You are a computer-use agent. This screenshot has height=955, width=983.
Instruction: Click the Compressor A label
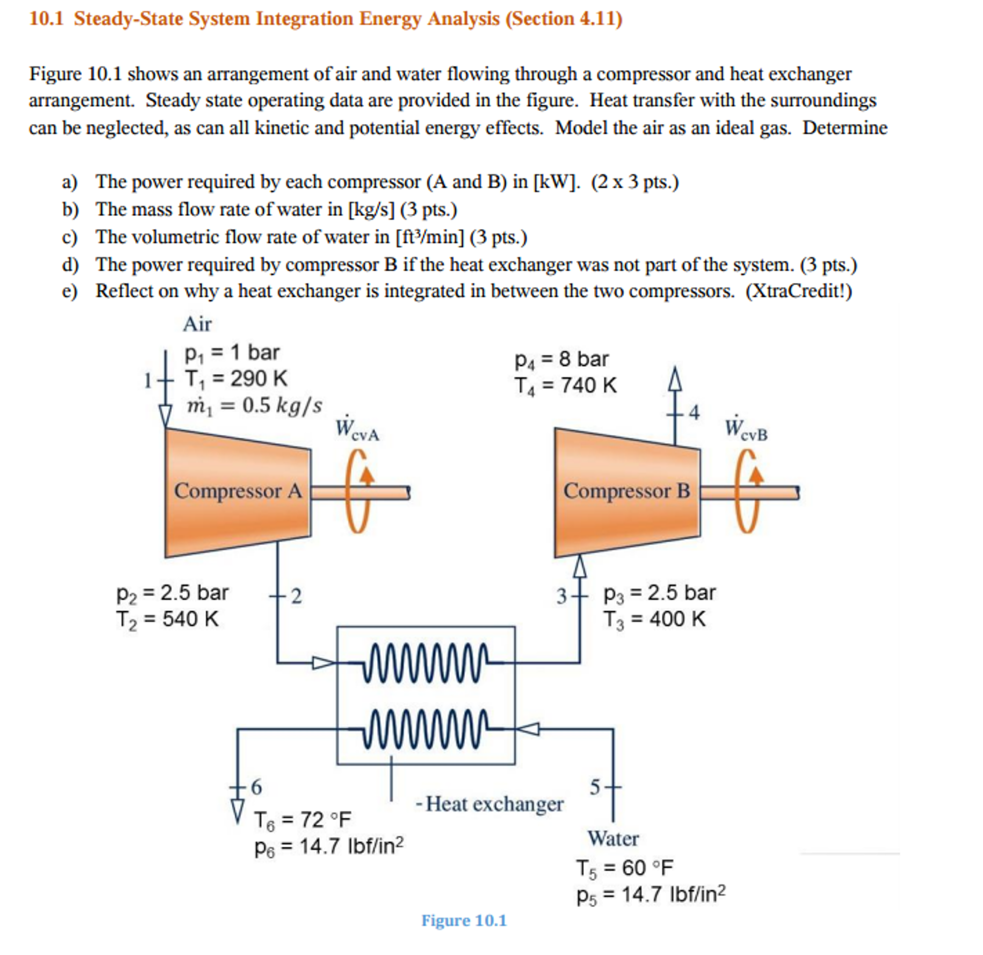238,491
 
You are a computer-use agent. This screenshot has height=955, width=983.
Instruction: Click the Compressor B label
627,491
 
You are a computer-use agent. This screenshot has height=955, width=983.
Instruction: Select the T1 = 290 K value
236,379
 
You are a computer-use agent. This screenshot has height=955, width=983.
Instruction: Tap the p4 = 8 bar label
561,359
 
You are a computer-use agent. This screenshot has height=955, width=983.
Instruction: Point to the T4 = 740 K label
565,386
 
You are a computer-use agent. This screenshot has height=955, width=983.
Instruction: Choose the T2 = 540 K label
168,619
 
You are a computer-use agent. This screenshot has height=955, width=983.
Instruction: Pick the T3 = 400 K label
654,619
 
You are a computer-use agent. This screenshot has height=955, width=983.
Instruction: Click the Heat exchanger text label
494,804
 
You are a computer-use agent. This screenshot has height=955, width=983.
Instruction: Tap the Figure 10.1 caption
464,921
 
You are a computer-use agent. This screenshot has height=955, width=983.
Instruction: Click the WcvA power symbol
356,429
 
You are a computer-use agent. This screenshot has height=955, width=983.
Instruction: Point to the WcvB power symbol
746,429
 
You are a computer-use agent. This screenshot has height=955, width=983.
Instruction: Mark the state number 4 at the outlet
694,413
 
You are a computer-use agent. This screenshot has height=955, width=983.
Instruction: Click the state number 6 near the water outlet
256,787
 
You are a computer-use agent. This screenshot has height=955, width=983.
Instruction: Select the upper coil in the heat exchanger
426,663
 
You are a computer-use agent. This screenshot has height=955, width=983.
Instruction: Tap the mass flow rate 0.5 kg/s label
254,406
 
